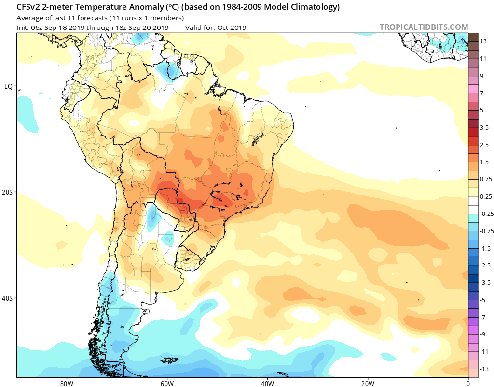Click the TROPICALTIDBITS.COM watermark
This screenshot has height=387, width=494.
coord(424,27)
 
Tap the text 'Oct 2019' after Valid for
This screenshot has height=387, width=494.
coord(231,27)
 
